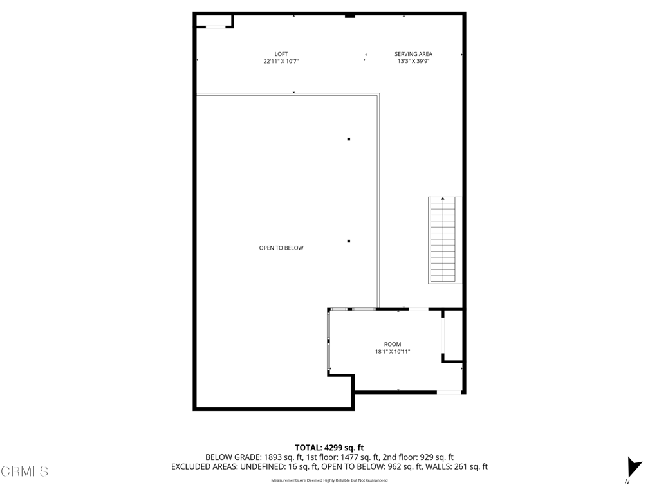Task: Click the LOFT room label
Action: click(281, 54)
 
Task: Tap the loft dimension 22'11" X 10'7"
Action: click(281, 62)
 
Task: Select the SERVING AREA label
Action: click(413, 54)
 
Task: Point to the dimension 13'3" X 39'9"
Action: click(413, 62)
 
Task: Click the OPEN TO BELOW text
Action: click(281, 248)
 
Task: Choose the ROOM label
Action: click(393, 344)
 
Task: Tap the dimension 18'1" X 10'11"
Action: click(393, 352)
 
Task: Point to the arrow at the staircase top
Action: click(443, 199)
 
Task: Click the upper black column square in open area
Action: click(349, 139)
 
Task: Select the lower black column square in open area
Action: click(349, 241)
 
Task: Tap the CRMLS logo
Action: click(24, 471)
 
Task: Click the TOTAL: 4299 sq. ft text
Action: click(329, 448)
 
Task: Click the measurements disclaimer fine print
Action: click(329, 480)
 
